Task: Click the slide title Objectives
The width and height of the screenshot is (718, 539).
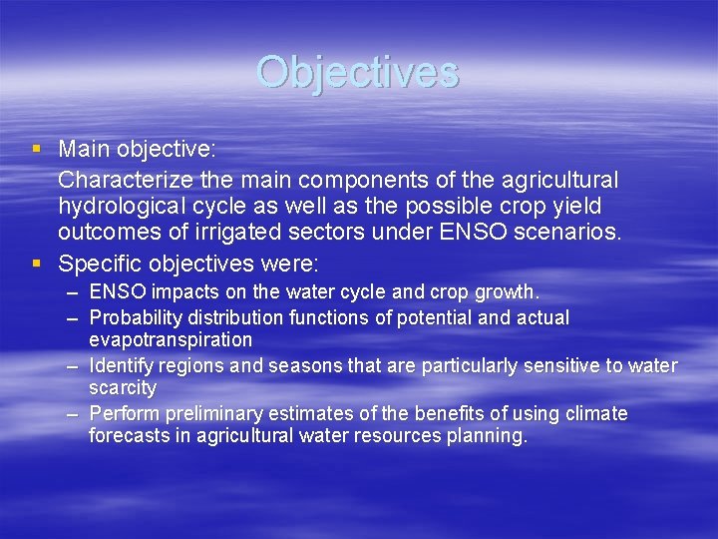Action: point(357,73)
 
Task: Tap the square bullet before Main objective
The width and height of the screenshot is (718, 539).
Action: point(37,149)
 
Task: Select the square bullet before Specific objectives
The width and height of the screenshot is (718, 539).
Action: point(37,265)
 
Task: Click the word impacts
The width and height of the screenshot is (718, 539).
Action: point(180,293)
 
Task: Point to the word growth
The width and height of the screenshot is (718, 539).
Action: point(507,293)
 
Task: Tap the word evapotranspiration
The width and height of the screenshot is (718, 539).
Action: point(171,339)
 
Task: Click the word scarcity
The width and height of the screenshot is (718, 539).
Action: point(123,387)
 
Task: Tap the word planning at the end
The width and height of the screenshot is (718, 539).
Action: point(489,435)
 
